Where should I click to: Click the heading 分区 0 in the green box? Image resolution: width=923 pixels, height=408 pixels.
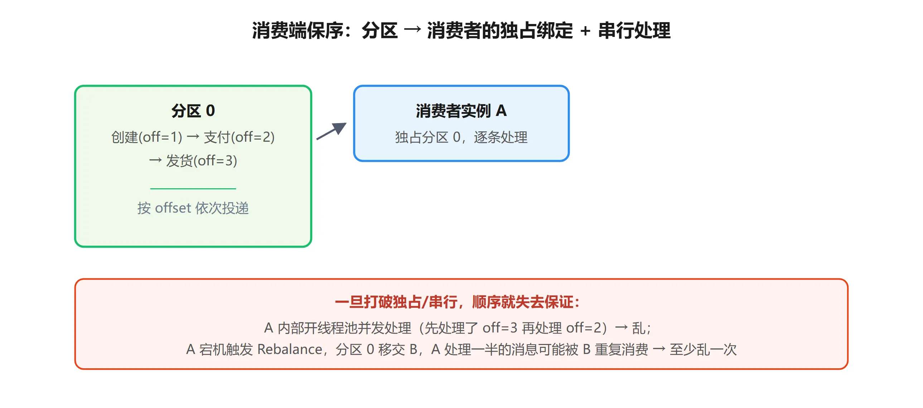click(x=193, y=111)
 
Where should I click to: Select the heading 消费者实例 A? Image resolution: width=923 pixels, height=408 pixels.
click(x=461, y=111)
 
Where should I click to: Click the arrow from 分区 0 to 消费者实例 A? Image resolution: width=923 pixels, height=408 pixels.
click(x=332, y=131)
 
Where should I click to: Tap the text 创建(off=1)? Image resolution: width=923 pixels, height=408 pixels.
click(x=147, y=137)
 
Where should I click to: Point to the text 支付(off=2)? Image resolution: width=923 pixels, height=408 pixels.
click(x=239, y=137)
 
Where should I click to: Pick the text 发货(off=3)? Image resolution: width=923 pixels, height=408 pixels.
click(x=202, y=161)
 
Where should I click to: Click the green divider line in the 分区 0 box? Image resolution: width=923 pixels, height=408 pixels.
click(x=193, y=188)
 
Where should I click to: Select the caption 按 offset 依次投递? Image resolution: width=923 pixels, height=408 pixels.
click(x=193, y=208)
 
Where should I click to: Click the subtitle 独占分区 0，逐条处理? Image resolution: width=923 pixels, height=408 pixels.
click(x=461, y=137)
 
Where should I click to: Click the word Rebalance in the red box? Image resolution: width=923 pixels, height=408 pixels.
click(x=290, y=349)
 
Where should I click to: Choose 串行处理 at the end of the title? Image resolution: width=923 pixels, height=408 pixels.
click(x=634, y=30)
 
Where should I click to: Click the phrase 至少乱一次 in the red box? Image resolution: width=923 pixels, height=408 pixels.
click(x=704, y=349)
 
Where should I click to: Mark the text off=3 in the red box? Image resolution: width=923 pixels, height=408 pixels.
click(x=500, y=328)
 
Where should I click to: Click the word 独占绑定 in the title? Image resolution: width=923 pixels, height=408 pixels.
click(x=536, y=30)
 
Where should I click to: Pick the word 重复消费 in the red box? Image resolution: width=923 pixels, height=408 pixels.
click(x=622, y=349)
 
